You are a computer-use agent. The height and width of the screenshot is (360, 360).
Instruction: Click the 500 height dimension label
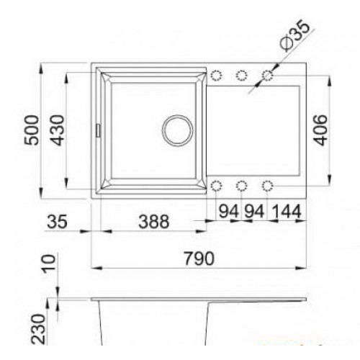tap(32, 130)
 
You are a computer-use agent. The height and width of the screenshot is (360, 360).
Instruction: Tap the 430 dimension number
tap(58, 130)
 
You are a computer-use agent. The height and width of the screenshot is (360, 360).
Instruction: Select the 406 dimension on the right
tap(320, 130)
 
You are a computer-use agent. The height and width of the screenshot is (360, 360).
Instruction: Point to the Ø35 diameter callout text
tap(294, 37)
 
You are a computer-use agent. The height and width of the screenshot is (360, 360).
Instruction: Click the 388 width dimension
tap(154, 222)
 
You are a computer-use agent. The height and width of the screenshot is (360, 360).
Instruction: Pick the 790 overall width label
tap(199, 258)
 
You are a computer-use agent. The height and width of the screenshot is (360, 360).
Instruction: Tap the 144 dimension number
tap(287, 212)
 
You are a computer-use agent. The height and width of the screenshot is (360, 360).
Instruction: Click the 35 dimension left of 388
tap(57, 222)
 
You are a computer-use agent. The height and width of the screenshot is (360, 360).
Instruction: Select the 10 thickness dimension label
tap(49, 264)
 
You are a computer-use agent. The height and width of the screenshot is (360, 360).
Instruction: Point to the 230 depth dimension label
tap(38, 329)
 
